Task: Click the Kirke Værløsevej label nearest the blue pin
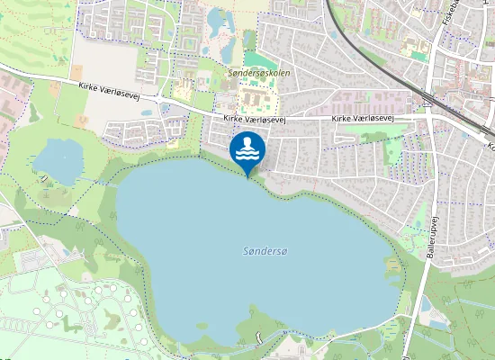[255, 119]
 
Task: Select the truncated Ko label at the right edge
[490, 144]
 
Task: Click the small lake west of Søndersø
[58, 160]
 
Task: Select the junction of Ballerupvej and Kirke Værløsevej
[431, 116]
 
